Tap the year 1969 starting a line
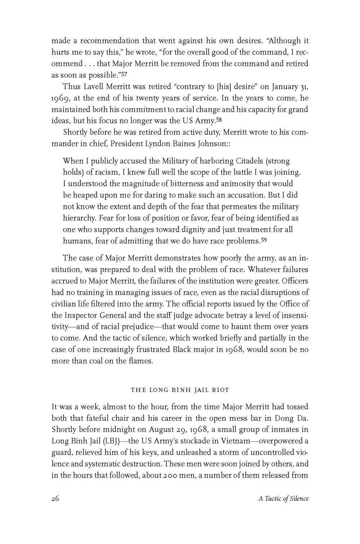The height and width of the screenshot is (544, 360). click(60, 98)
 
